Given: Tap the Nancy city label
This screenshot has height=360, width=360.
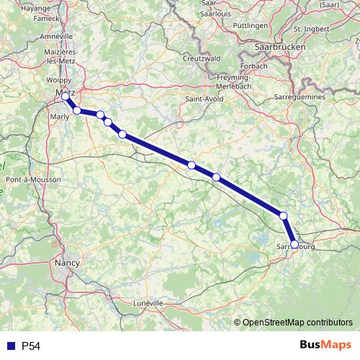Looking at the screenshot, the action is pyautogui.click(x=67, y=264).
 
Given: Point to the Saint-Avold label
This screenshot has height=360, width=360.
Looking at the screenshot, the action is pyautogui.click(x=203, y=98).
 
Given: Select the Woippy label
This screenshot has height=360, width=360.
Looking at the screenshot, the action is pyautogui.click(x=59, y=80).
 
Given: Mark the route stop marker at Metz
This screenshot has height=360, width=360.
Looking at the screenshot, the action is pyautogui.click(x=66, y=96).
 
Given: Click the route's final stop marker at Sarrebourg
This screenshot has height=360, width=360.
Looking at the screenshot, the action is pyautogui.click(x=294, y=244).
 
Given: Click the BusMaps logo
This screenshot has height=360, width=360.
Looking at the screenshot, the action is pyautogui.click(x=325, y=346).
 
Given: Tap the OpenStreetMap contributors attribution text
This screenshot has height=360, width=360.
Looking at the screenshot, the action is pyautogui.click(x=297, y=322).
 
